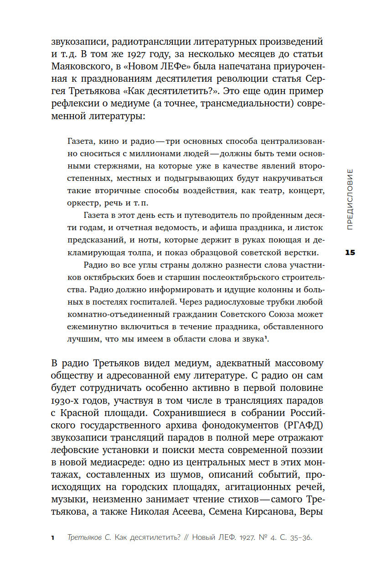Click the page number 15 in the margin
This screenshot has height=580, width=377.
point(350,253)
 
